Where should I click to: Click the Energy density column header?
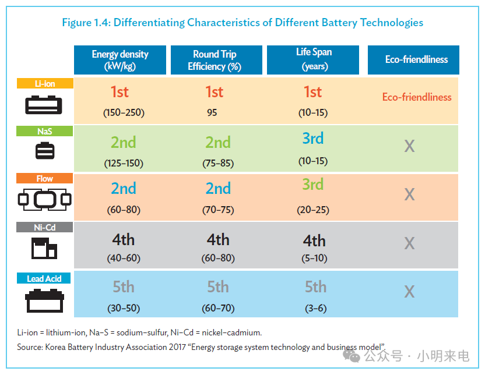click(120, 60)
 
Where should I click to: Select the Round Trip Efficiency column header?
click(216, 60)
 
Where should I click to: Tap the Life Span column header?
click(313, 60)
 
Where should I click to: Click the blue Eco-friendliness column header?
click(413, 60)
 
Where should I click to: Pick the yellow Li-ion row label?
click(45, 83)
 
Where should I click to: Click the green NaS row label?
click(44, 131)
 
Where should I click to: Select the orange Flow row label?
click(44, 179)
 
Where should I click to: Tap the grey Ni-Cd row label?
click(44, 227)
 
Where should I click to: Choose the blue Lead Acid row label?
click(44, 278)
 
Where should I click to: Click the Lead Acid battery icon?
click(44, 301)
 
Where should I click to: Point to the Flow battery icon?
click(44, 200)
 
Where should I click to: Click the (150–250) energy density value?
click(124, 112)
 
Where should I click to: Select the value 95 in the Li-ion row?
click(212, 112)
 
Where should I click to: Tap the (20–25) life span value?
click(313, 210)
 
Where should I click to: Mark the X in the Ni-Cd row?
click(410, 243)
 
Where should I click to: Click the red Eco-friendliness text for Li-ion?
click(417, 97)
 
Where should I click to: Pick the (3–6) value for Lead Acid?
click(316, 308)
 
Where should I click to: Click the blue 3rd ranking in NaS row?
click(313, 138)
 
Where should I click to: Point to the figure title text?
click(242, 23)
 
